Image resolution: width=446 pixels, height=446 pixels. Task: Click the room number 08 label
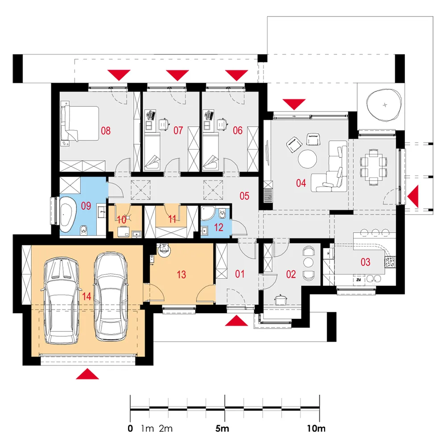[106, 131]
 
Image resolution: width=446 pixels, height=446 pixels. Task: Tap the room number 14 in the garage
[87, 297]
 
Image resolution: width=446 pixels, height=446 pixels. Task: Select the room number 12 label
[219, 227]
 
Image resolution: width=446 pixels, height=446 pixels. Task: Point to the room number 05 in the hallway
[244, 196]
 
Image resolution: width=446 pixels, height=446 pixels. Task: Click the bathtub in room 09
[68, 215]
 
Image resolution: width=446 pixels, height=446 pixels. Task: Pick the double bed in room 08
[80, 124]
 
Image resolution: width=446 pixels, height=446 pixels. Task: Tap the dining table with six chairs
[373, 167]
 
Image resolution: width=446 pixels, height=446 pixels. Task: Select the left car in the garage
[61, 300]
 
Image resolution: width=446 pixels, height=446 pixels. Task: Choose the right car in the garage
[111, 297]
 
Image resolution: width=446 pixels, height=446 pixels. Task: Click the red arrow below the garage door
[87, 374]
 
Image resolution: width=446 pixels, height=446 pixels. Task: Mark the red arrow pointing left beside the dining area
[413, 196]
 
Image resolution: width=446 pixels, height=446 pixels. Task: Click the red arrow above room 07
[178, 75]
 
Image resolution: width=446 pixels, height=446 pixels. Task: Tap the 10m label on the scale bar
[316, 428]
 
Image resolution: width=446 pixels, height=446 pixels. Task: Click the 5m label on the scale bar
[222, 428]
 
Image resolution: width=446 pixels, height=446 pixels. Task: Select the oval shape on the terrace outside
[384, 105]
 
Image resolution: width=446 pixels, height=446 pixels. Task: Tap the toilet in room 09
[83, 231]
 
